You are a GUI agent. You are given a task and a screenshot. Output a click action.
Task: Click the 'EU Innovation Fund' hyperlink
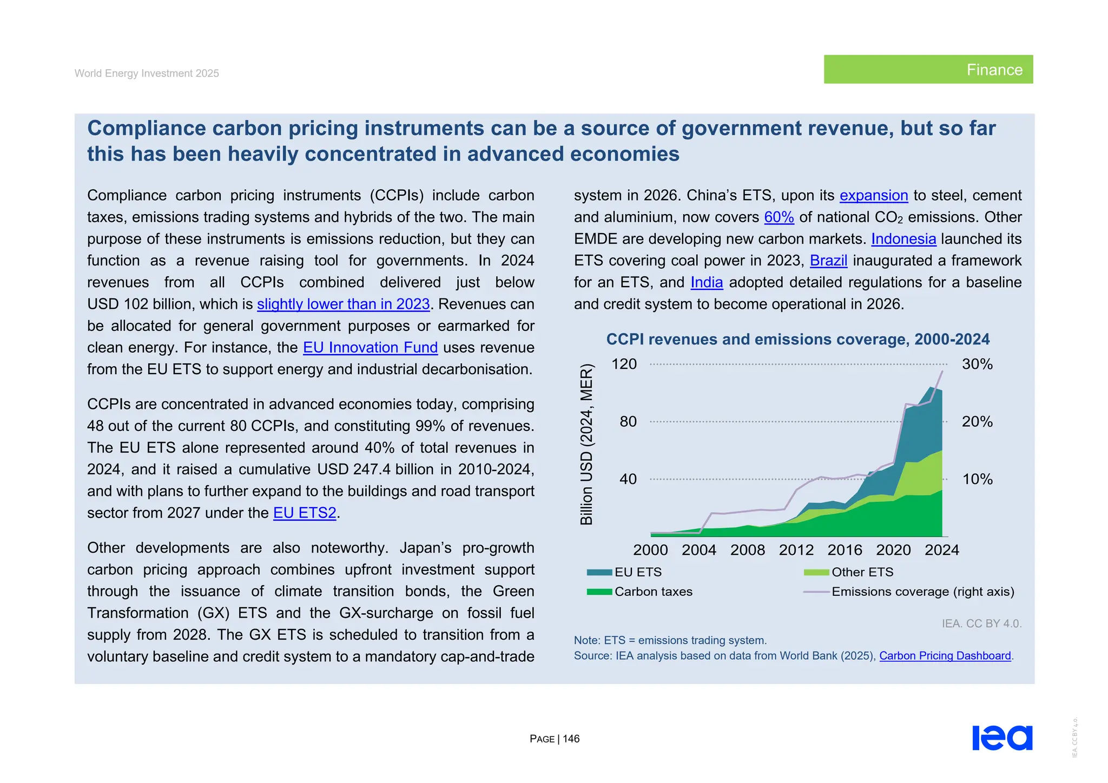(x=370, y=348)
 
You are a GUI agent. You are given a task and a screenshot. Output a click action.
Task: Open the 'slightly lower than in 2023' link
(x=343, y=304)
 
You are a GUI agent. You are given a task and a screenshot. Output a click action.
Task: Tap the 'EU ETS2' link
(x=305, y=513)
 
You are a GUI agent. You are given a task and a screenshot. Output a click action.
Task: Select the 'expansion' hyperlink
(x=873, y=196)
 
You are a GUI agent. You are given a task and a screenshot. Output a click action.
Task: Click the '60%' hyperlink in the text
(x=779, y=217)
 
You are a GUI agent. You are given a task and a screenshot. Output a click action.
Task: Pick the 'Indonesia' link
(x=903, y=239)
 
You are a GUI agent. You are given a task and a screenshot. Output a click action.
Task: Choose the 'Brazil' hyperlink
(x=828, y=261)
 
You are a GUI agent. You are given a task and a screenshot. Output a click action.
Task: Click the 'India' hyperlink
(x=706, y=283)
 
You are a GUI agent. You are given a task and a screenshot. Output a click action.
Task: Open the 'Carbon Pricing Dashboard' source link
(x=945, y=656)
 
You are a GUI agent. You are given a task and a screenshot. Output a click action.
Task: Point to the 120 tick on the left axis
(x=624, y=364)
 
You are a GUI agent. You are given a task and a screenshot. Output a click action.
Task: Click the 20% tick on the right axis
(x=977, y=422)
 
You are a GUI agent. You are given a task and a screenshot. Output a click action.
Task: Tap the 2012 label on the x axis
(x=796, y=550)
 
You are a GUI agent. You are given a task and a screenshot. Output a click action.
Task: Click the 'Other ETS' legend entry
(x=862, y=572)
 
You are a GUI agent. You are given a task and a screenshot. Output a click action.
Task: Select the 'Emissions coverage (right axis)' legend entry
(x=922, y=592)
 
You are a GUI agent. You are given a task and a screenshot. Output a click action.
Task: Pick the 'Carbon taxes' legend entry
(x=653, y=592)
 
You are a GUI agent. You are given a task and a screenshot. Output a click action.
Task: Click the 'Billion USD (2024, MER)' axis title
(x=587, y=444)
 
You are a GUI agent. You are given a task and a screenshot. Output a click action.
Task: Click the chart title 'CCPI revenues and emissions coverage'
(x=797, y=340)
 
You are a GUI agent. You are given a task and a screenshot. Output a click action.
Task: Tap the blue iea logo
(x=1002, y=738)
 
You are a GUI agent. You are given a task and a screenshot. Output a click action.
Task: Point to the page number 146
(x=571, y=739)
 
